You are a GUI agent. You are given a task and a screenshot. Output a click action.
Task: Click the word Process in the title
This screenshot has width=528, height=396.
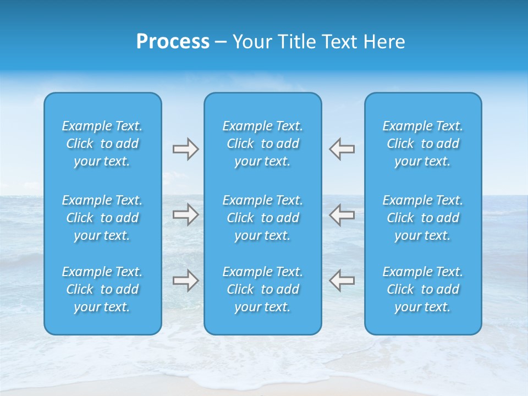[x=173, y=42]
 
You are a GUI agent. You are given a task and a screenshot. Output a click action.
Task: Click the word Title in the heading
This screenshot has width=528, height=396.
[x=296, y=42]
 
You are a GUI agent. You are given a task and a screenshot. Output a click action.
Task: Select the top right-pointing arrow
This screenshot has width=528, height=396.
[x=185, y=149]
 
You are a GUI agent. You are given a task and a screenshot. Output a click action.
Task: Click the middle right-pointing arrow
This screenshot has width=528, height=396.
[x=185, y=215]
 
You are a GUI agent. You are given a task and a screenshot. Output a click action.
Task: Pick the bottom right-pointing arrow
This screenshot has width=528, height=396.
[x=185, y=280]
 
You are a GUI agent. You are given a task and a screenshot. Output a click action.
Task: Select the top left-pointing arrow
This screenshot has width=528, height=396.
[x=342, y=149]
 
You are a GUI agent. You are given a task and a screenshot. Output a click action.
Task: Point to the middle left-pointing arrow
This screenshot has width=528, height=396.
[x=342, y=215]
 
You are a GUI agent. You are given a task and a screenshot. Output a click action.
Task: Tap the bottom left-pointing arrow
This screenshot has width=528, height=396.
[x=342, y=280]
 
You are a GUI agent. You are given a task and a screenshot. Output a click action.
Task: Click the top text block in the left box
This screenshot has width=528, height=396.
[x=102, y=144]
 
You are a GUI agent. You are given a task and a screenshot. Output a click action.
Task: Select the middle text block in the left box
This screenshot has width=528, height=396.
[x=102, y=218]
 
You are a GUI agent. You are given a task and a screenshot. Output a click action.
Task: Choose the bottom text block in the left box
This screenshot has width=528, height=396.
[x=102, y=289]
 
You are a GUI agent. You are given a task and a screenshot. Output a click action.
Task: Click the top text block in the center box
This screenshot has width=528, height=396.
[x=263, y=144]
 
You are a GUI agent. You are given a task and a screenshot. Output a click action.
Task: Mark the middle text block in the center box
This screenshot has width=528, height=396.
[x=263, y=218]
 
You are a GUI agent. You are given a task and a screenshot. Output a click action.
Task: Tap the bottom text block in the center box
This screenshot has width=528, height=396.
[x=263, y=289]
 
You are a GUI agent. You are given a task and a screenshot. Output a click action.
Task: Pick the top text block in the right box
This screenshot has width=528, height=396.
[x=423, y=144]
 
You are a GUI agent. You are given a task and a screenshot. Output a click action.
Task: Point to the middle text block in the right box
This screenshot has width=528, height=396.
[x=423, y=218]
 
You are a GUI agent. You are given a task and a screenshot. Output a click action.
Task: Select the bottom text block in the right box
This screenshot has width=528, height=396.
[x=423, y=289]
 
